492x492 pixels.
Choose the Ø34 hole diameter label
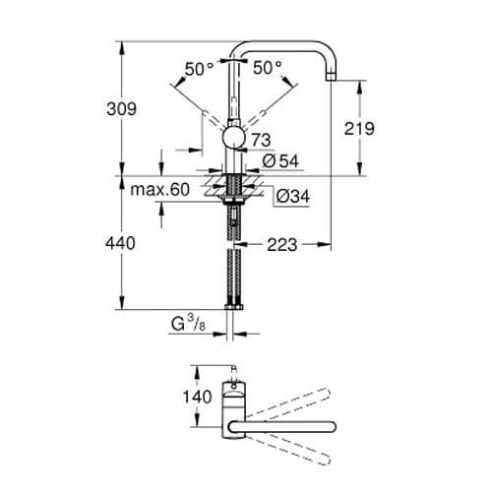285,196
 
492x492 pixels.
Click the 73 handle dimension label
263,141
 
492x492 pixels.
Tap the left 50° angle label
200,68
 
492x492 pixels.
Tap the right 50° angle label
268,68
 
